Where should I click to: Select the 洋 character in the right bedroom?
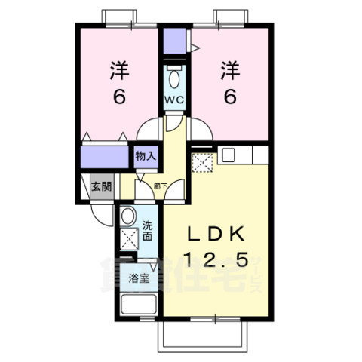click(231, 72)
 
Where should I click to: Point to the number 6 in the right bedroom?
click(231, 98)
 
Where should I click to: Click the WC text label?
click(174, 100)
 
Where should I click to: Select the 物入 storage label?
click(146, 156)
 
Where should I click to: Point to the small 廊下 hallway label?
click(161, 185)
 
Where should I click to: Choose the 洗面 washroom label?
click(149, 229)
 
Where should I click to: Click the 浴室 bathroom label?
click(137, 277)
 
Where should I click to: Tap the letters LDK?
click(214, 232)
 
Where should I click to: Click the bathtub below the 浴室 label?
click(138, 306)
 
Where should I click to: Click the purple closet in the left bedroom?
click(106, 157)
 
